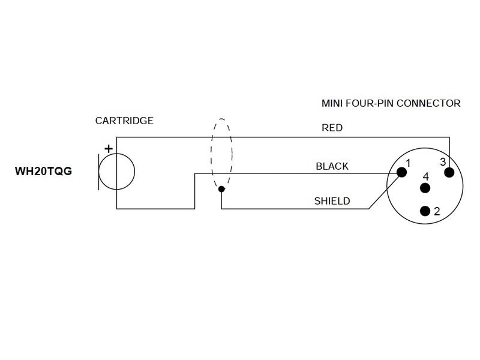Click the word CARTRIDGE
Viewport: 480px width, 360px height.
pos(124,121)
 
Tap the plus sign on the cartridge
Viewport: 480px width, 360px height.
pos(109,148)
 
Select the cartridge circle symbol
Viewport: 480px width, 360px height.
pos(116,172)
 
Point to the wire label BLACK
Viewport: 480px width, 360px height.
pos(332,166)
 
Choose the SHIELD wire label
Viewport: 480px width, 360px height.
pos(332,201)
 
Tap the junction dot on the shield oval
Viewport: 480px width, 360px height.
pos(221,190)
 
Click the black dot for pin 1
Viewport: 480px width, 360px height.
pos(401,172)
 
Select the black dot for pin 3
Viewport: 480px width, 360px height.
pos(449,172)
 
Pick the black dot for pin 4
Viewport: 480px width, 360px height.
pos(425,188)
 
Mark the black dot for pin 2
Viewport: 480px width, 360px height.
pos(425,211)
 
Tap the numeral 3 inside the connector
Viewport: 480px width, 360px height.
pos(442,162)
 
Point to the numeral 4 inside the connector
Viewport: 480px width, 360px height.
pos(425,177)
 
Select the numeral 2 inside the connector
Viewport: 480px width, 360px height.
pos(437,211)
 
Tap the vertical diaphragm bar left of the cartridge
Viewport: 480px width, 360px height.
pos(98,172)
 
